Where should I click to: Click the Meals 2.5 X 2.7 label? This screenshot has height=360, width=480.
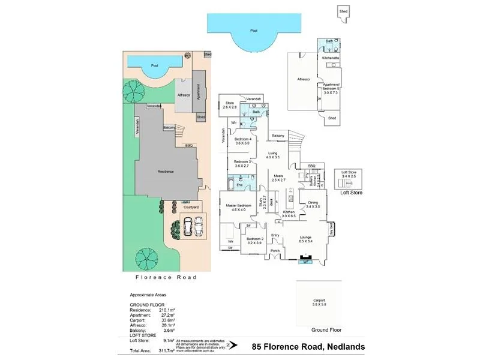click(x=278, y=178)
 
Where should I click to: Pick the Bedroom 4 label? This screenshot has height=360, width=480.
click(x=242, y=141)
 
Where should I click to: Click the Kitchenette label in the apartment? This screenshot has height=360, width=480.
click(x=331, y=58)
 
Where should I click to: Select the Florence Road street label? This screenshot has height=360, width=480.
click(x=165, y=277)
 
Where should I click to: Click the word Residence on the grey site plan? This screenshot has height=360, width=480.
click(x=166, y=172)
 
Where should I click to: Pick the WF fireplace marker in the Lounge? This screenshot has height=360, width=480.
click(x=305, y=261)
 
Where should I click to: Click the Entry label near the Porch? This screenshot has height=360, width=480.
click(x=275, y=235)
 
